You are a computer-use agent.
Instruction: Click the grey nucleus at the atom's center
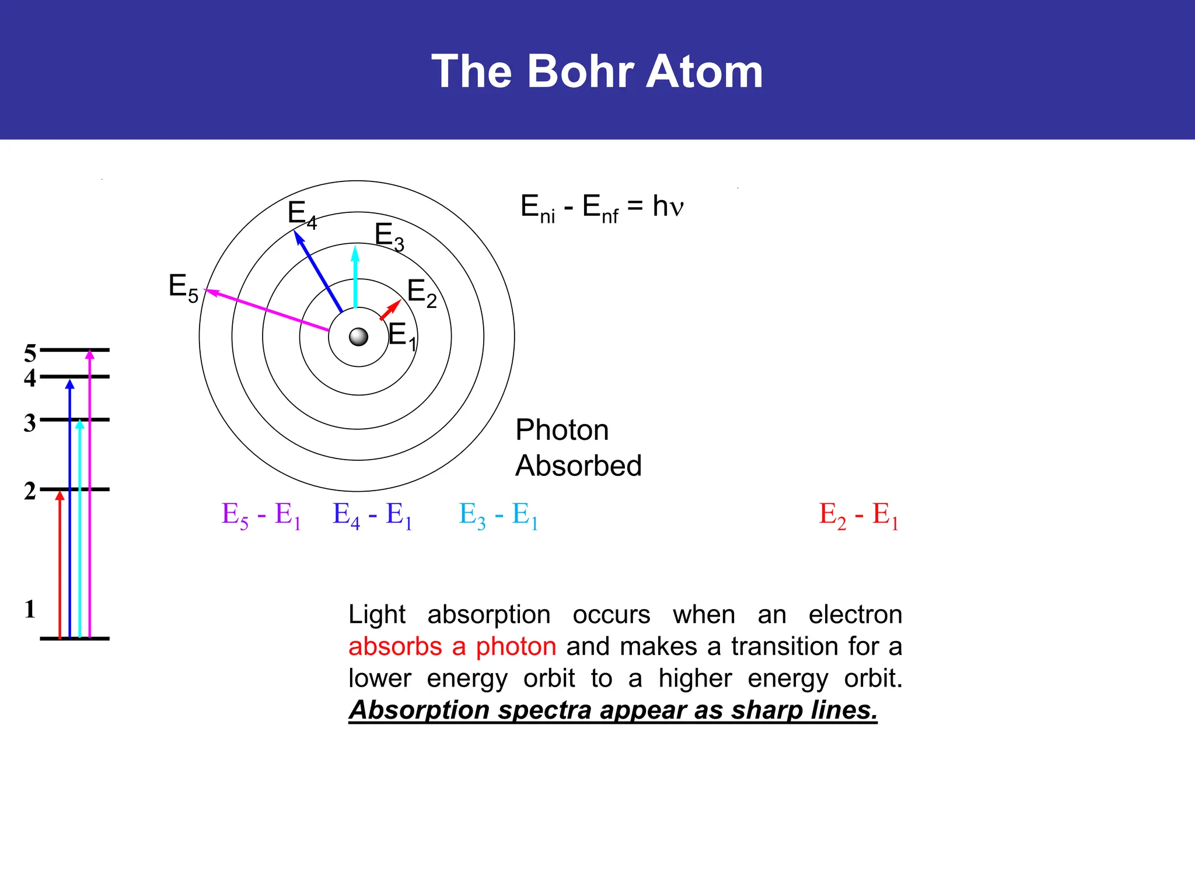click(x=358, y=337)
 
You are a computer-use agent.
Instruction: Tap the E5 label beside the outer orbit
click(x=183, y=288)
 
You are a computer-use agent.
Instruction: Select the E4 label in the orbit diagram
click(x=302, y=214)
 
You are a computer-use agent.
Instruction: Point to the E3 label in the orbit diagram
click(x=389, y=236)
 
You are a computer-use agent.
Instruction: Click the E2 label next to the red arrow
click(x=421, y=293)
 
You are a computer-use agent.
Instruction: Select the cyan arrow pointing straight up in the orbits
click(x=355, y=278)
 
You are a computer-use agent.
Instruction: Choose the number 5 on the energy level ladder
click(x=30, y=353)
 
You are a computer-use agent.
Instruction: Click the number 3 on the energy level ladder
click(x=30, y=423)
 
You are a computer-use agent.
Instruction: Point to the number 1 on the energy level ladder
click(x=30, y=610)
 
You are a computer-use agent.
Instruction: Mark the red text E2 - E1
click(x=858, y=516)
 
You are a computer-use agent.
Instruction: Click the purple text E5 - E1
click(x=261, y=516)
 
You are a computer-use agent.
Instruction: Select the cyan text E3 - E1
click(x=498, y=516)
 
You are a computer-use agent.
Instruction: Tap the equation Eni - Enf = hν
click(x=602, y=208)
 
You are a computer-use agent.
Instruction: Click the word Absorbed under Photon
click(x=578, y=466)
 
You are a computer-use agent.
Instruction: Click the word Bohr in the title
click(x=580, y=71)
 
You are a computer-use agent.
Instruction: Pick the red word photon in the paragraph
click(x=516, y=646)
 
